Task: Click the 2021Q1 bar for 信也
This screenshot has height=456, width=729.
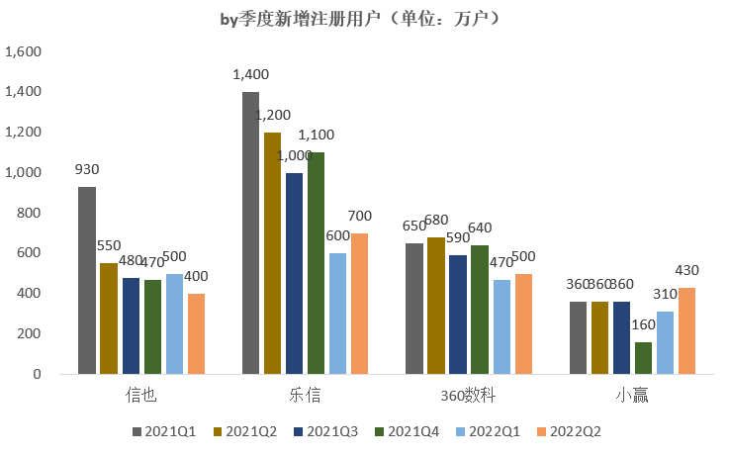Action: (x=87, y=281)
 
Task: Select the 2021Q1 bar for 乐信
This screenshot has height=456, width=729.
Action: (x=251, y=233)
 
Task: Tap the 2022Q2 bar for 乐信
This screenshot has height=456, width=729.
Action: (x=359, y=304)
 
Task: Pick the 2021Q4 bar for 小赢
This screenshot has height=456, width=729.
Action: (x=644, y=358)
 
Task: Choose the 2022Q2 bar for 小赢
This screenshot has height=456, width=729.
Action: (x=687, y=331)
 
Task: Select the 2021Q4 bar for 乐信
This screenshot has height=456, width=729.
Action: (x=316, y=263)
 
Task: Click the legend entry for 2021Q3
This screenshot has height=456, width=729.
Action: (x=326, y=431)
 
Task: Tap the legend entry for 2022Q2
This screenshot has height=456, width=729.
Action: (x=569, y=431)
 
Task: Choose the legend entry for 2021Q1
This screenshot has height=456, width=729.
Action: (x=165, y=431)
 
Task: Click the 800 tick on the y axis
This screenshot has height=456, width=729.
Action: (x=31, y=213)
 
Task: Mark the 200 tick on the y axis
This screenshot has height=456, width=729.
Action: (x=31, y=334)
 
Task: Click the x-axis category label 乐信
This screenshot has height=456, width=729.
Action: (x=306, y=397)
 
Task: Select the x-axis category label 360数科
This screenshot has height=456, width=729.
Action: (x=468, y=397)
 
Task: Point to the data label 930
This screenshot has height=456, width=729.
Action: (x=87, y=169)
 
